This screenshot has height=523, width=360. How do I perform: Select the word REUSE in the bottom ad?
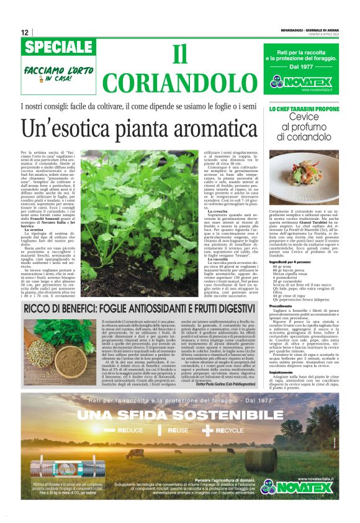point(178,429)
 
